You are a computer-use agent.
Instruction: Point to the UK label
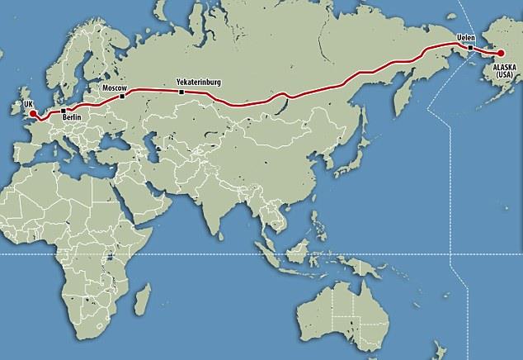tap(28, 102)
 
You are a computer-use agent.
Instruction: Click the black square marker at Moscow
tap(122, 96)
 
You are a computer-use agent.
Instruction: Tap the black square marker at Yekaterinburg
tap(181, 92)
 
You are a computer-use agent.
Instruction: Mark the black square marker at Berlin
tap(63, 110)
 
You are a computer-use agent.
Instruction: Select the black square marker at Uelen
tap(470, 48)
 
